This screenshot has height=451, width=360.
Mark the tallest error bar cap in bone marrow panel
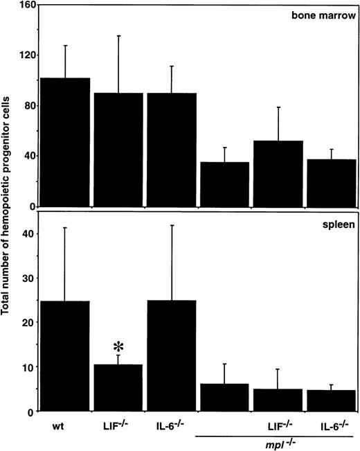[x=118, y=36]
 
